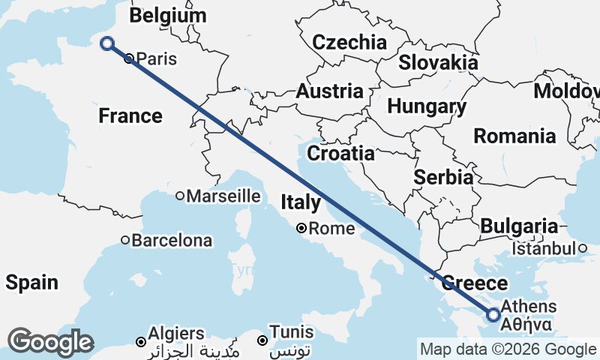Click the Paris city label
(155, 58)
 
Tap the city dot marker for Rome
(301, 228)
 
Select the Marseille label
(223, 196)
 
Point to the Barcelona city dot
(126, 241)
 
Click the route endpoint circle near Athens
(493, 315)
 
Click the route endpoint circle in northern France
(107, 43)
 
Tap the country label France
(130, 115)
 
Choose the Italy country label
(301, 202)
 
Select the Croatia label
(341, 154)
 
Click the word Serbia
(444, 178)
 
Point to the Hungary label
(427, 106)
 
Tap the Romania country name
(514, 136)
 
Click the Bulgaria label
(519, 226)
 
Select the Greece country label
(474, 283)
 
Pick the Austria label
(329, 91)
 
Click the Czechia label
(349, 42)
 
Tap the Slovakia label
(438, 62)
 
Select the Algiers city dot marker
(140, 342)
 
